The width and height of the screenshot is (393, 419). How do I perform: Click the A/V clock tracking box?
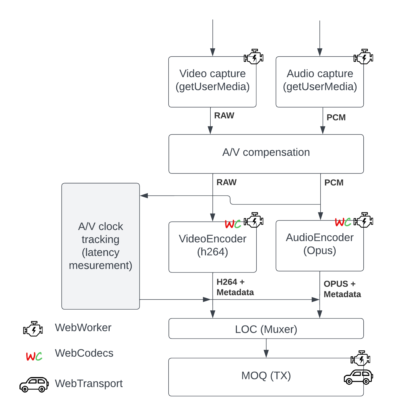[101, 246]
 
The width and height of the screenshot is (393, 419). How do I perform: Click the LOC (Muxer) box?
[266, 329]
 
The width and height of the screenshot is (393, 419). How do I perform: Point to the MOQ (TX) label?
[266, 376]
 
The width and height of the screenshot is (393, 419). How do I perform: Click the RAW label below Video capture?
[224, 116]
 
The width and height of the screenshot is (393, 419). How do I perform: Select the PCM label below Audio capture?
[336, 117]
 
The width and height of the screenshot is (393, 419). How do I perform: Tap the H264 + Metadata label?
[235, 287]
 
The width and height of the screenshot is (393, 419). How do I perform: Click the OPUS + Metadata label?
[342, 289]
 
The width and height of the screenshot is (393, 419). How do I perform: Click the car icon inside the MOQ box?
[358, 377]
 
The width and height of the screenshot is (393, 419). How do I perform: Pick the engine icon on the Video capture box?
[254, 57]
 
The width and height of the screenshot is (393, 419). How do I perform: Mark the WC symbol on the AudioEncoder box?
[343, 222]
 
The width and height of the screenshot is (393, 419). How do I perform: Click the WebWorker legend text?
[83, 328]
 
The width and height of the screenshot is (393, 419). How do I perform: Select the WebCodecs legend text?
[84, 353]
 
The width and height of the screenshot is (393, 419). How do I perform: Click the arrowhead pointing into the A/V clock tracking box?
[144, 196]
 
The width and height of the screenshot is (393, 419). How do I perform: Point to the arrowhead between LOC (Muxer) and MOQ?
[266, 354]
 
